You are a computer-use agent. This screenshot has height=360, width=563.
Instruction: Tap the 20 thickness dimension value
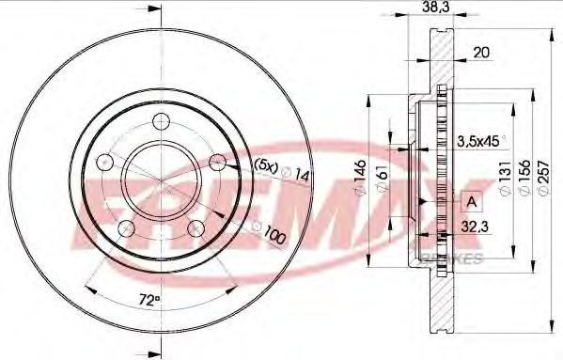click(481, 53)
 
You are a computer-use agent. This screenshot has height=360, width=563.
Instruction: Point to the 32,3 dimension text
click(475, 227)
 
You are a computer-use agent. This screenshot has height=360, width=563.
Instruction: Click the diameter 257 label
click(543, 177)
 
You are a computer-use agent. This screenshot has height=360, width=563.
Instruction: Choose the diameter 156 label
click(524, 177)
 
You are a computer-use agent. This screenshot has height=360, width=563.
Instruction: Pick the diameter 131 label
click(505, 177)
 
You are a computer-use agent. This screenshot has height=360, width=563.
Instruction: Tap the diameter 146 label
click(360, 177)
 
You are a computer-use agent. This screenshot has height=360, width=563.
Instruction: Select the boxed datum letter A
click(472, 202)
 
